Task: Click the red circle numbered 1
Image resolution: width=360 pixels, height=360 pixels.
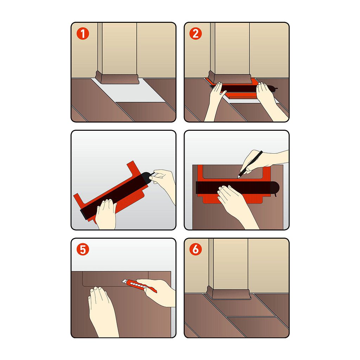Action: [x=83, y=34]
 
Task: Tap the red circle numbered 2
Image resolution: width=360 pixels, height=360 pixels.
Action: [x=195, y=34]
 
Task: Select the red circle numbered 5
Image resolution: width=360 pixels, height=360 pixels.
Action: [x=83, y=249]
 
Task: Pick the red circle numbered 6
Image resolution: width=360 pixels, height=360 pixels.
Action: [x=195, y=249]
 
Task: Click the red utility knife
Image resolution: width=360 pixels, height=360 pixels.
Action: [x=139, y=285]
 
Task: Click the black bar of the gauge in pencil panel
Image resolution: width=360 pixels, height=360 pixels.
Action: [x=238, y=188]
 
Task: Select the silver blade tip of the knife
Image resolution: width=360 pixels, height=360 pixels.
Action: [x=124, y=281]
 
